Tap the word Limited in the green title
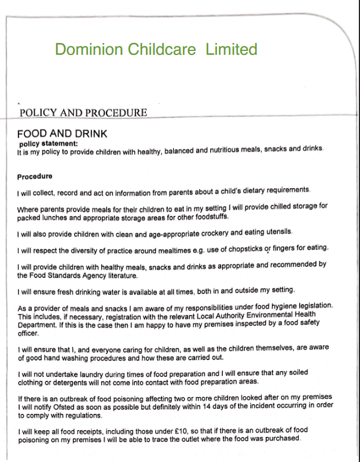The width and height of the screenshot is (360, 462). (x=231, y=49)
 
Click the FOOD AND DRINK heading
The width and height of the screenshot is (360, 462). (x=63, y=134)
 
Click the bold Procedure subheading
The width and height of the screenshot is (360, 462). (x=35, y=176)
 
